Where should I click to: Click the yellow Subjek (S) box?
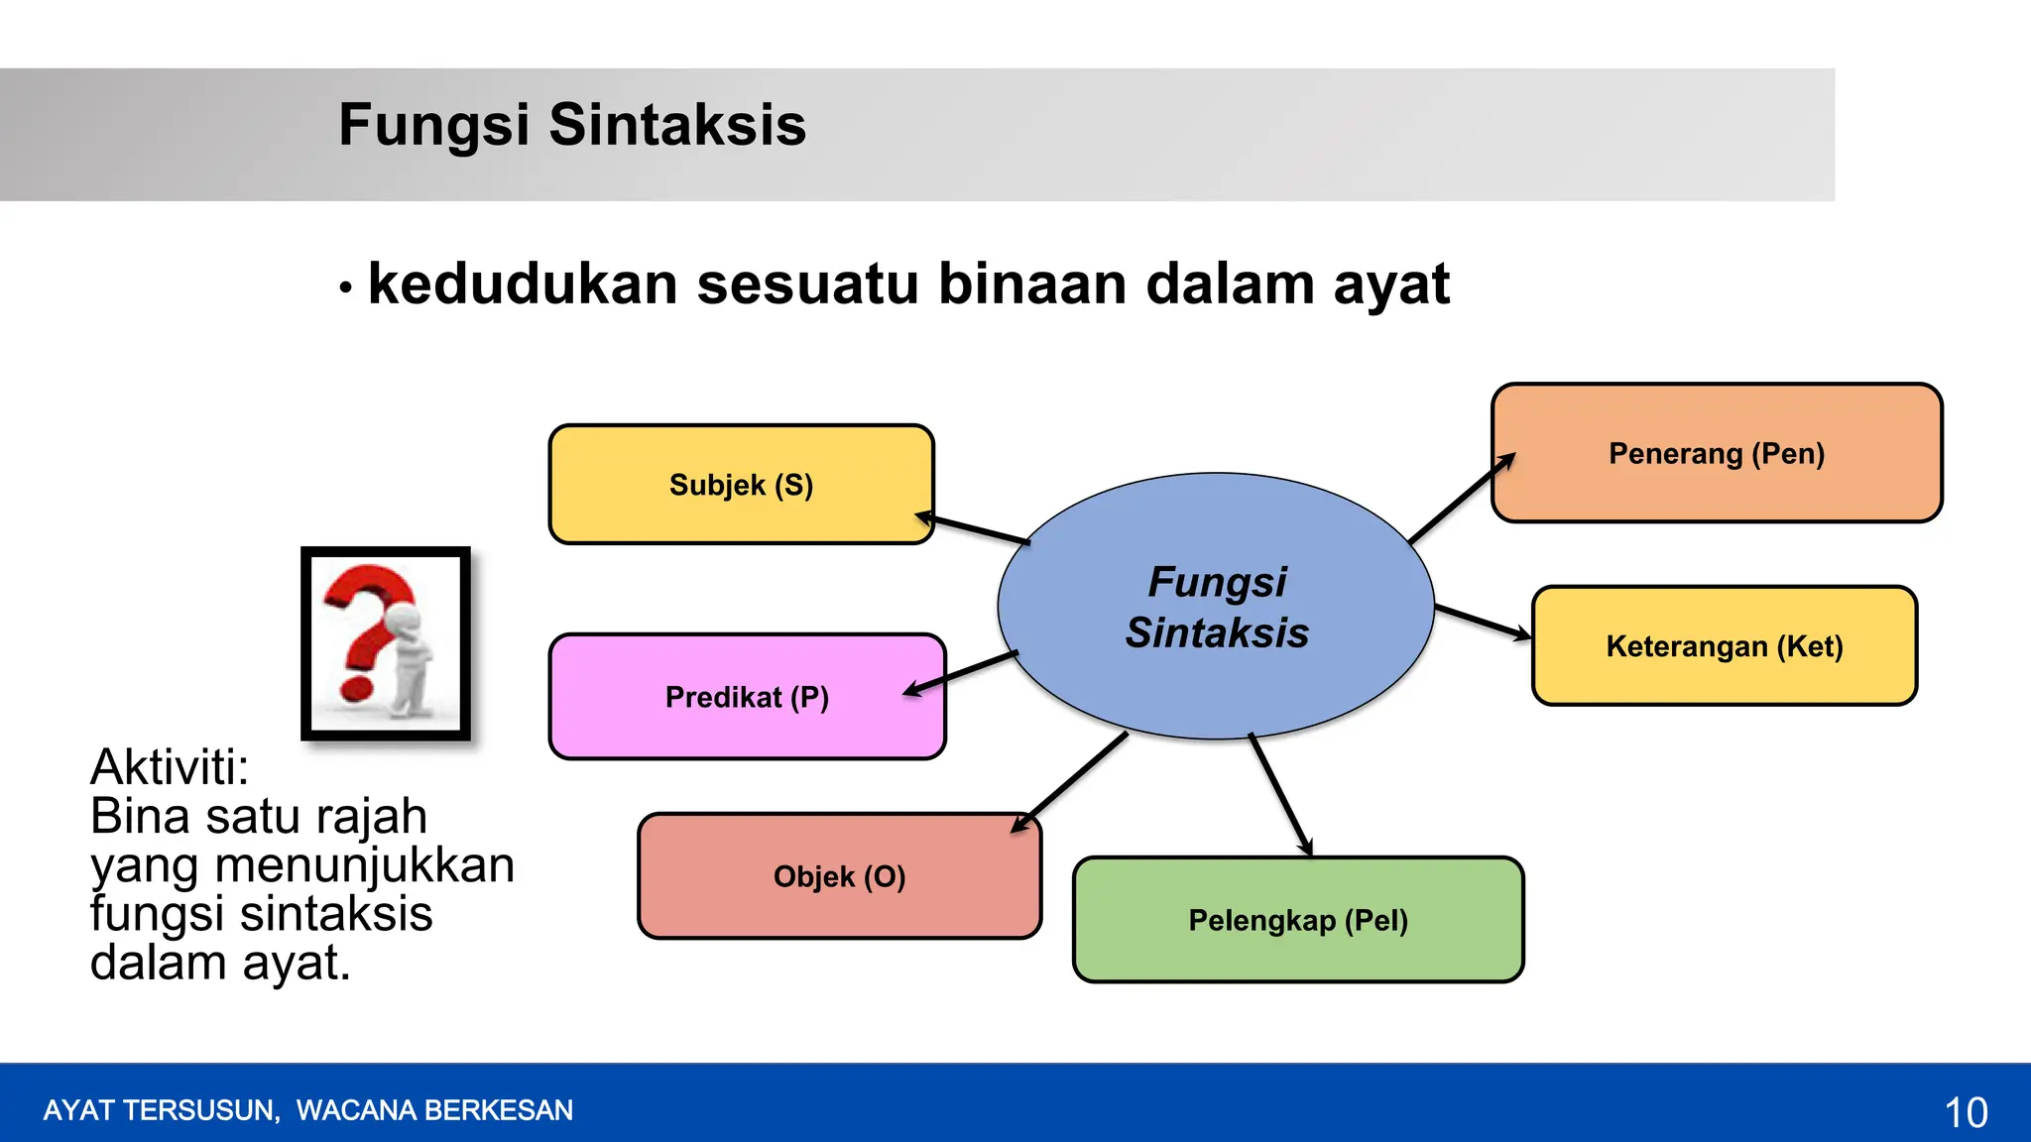coord(741,485)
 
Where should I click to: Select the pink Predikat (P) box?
coord(747,697)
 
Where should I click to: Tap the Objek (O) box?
coord(839,876)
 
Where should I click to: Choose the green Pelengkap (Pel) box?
coord(1298,920)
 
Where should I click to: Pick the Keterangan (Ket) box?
coord(1725,646)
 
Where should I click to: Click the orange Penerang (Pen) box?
coord(1717,453)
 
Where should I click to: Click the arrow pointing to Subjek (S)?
coord(973,529)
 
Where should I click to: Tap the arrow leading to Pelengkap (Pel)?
coord(1280,794)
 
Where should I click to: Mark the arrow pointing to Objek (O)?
coord(1070,782)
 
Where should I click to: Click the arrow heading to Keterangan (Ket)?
coord(1483,623)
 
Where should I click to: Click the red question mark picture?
coord(386,643)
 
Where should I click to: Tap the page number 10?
coord(1966,1112)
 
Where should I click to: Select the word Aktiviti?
coord(170,767)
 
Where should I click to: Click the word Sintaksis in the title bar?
coord(677,125)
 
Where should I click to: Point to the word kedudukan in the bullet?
coord(523,285)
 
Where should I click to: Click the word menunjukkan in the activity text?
coord(364,865)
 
